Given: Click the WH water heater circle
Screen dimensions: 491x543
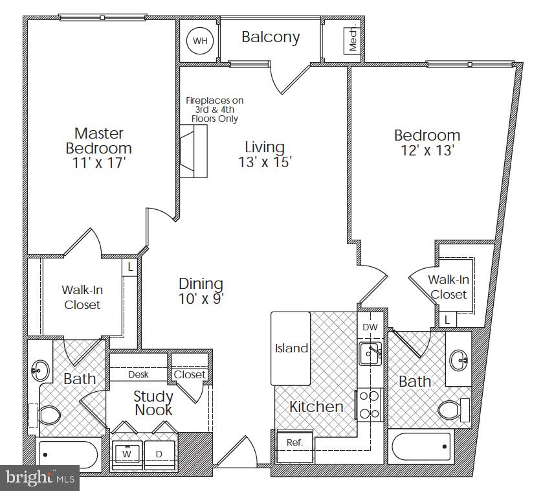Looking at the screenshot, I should (x=200, y=41).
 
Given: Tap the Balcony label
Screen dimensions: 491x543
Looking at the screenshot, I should (x=271, y=37).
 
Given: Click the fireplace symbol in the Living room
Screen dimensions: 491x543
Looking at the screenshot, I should (x=193, y=151).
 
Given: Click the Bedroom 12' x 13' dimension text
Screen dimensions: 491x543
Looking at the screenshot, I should (x=427, y=151).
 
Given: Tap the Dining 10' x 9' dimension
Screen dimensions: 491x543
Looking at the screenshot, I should (x=201, y=299).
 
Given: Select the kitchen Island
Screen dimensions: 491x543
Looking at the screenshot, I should (x=291, y=348).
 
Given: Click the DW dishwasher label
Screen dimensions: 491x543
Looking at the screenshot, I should (x=370, y=328).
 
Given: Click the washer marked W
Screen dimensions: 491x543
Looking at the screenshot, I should (x=127, y=453).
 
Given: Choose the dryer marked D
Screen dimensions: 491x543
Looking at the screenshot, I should (x=159, y=453).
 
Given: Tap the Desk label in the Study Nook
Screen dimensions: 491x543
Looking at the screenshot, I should (x=139, y=374).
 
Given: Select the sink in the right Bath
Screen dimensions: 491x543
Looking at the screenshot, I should (x=460, y=358).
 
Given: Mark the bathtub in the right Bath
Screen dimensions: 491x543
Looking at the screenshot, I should (x=423, y=447).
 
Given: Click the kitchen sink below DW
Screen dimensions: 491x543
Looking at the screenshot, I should (x=370, y=353).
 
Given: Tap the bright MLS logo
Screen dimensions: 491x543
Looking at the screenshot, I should (x=39, y=478).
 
